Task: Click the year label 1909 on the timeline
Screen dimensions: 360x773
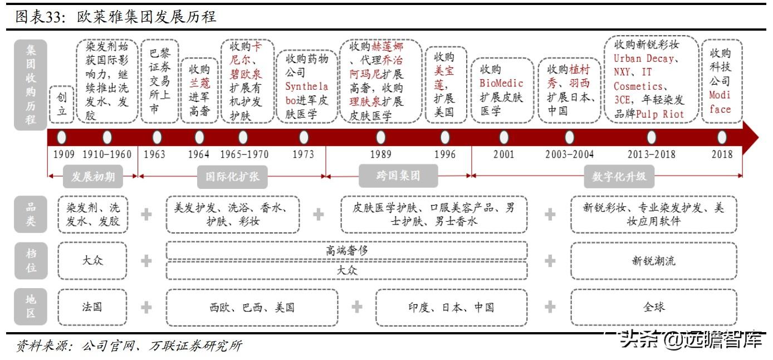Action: (64, 154)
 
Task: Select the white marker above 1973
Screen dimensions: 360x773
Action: (304, 137)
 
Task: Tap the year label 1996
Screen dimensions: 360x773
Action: (444, 154)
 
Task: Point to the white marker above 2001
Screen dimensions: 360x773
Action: (503, 137)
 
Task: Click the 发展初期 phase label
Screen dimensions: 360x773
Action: (93, 177)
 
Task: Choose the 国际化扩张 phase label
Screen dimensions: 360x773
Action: (232, 177)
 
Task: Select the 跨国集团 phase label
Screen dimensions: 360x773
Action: (398, 176)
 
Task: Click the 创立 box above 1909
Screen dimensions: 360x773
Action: (62, 104)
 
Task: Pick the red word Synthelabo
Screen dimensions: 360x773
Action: (306, 94)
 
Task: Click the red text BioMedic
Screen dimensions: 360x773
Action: (502, 84)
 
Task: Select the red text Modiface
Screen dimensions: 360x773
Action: (720, 102)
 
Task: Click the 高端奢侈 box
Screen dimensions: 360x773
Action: (346, 251)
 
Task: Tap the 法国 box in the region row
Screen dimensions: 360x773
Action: (92, 307)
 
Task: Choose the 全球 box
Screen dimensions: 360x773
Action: (653, 307)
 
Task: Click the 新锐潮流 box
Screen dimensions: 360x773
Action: (653, 260)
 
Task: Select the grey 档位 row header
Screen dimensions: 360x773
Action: (31, 260)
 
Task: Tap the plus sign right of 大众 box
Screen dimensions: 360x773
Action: (146, 260)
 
